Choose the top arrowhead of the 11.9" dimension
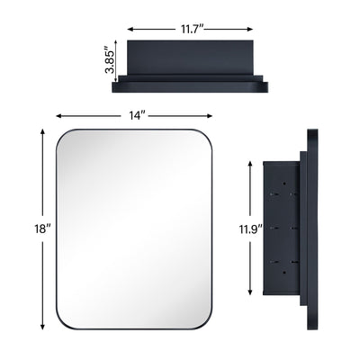coord(251,163)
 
